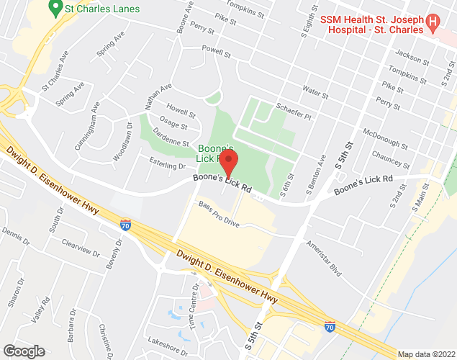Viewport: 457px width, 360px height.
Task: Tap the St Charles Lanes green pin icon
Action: (53, 8)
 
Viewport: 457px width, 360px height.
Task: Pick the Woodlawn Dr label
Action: (123, 140)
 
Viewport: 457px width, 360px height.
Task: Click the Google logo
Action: (23, 351)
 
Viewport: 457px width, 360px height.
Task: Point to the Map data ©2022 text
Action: (427, 354)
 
